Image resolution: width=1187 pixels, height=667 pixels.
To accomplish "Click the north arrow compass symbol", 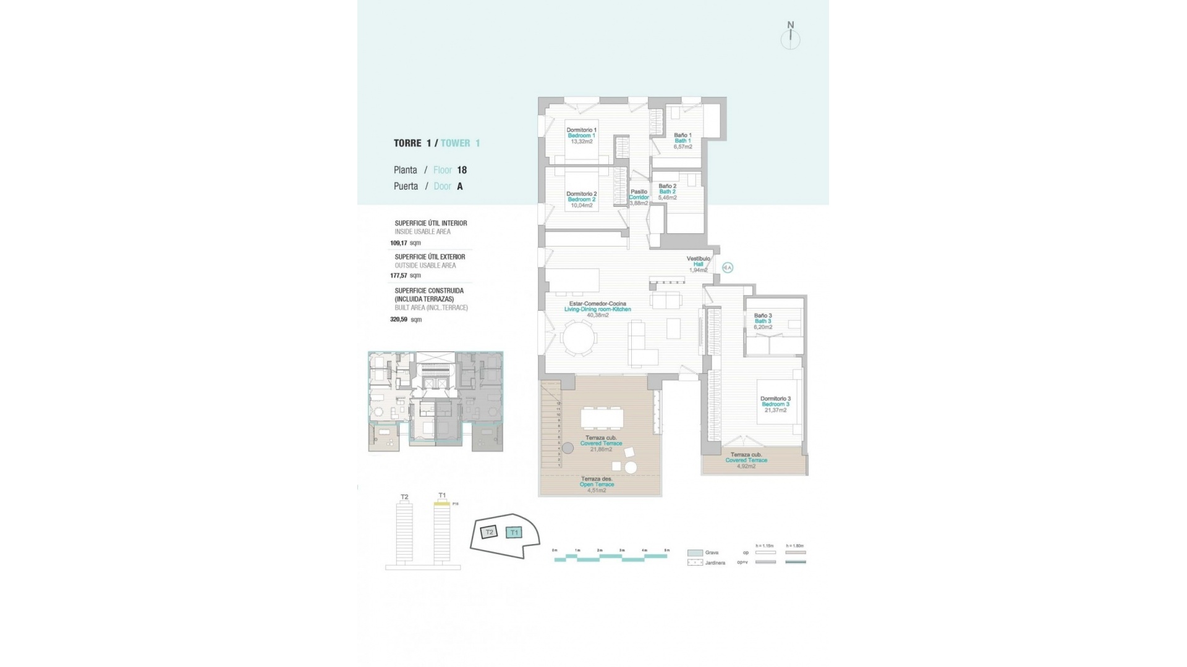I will tap(790, 37).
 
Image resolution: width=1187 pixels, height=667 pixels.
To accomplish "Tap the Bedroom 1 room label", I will tap(581, 136).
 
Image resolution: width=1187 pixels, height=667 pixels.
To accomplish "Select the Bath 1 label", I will tap(683, 141).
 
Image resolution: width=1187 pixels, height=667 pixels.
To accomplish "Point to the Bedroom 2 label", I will tap(581, 199).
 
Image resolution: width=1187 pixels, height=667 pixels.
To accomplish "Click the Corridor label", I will tap(639, 198).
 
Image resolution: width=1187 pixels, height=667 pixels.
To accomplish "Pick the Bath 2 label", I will tap(667, 191).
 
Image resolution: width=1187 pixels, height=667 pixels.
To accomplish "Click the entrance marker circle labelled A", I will tap(728, 267).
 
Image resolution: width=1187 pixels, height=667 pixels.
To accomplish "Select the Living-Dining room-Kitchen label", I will tap(597, 309).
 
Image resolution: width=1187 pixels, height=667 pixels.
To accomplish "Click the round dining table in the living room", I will tap(579, 338).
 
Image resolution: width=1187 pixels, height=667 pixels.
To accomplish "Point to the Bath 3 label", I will tap(763, 321).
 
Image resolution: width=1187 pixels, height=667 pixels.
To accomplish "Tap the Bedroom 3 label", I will tap(775, 404).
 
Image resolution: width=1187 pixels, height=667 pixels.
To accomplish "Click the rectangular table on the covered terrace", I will tap(602, 419).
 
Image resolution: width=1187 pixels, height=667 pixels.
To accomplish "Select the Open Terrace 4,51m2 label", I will tap(597, 485).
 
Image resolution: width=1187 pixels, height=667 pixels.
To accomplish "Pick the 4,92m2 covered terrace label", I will tap(746, 466).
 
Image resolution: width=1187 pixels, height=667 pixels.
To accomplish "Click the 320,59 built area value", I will tap(399, 320).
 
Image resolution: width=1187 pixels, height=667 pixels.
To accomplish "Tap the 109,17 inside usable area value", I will tap(399, 243).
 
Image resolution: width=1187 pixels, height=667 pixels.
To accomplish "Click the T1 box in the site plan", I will tap(514, 532).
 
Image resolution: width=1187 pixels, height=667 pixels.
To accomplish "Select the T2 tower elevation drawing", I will tap(404, 531).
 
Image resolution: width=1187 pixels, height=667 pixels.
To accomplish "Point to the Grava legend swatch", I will tap(695, 553).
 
